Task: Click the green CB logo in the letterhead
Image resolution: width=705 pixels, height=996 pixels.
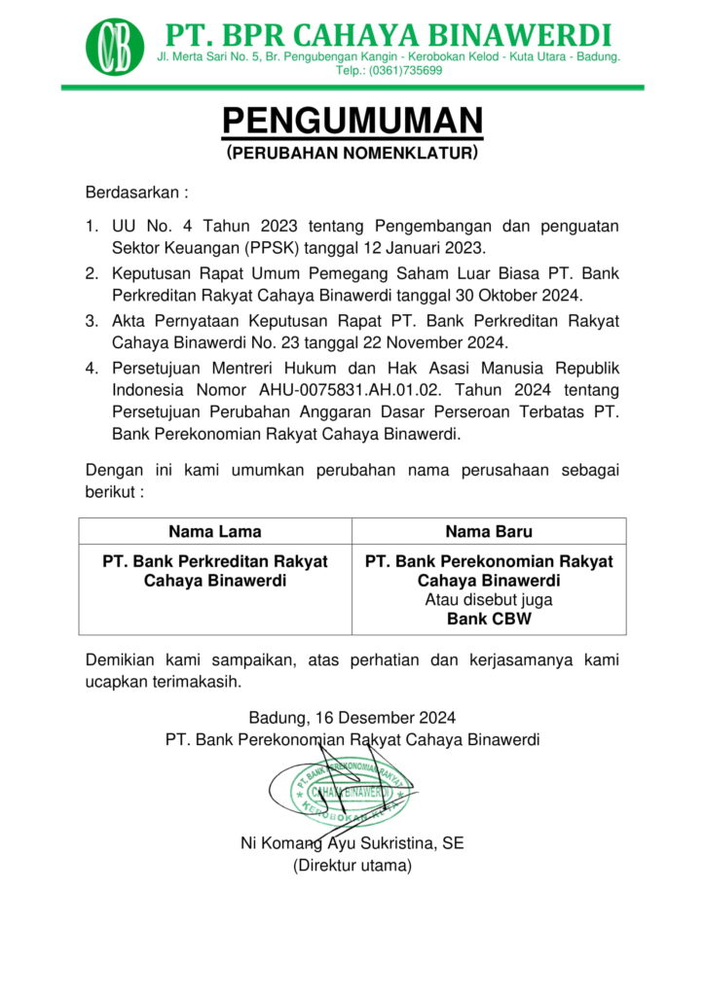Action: point(114,45)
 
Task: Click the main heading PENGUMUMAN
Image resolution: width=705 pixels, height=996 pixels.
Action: point(352,122)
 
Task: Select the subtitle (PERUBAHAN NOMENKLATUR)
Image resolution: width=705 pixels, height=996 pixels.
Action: point(352,153)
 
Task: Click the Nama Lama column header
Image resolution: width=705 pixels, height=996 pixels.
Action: point(214,532)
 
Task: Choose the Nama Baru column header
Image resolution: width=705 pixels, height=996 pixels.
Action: point(489,532)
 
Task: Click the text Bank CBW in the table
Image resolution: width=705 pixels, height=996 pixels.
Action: point(489,619)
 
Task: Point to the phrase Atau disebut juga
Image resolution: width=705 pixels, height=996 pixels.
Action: point(489,600)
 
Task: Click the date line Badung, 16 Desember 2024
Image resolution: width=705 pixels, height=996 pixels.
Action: point(352,719)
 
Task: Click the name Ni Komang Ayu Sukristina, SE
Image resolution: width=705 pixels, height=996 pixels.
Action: point(352,843)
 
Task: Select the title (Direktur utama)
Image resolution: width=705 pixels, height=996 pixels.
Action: point(352,865)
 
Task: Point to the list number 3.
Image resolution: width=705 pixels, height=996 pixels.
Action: point(91,321)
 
